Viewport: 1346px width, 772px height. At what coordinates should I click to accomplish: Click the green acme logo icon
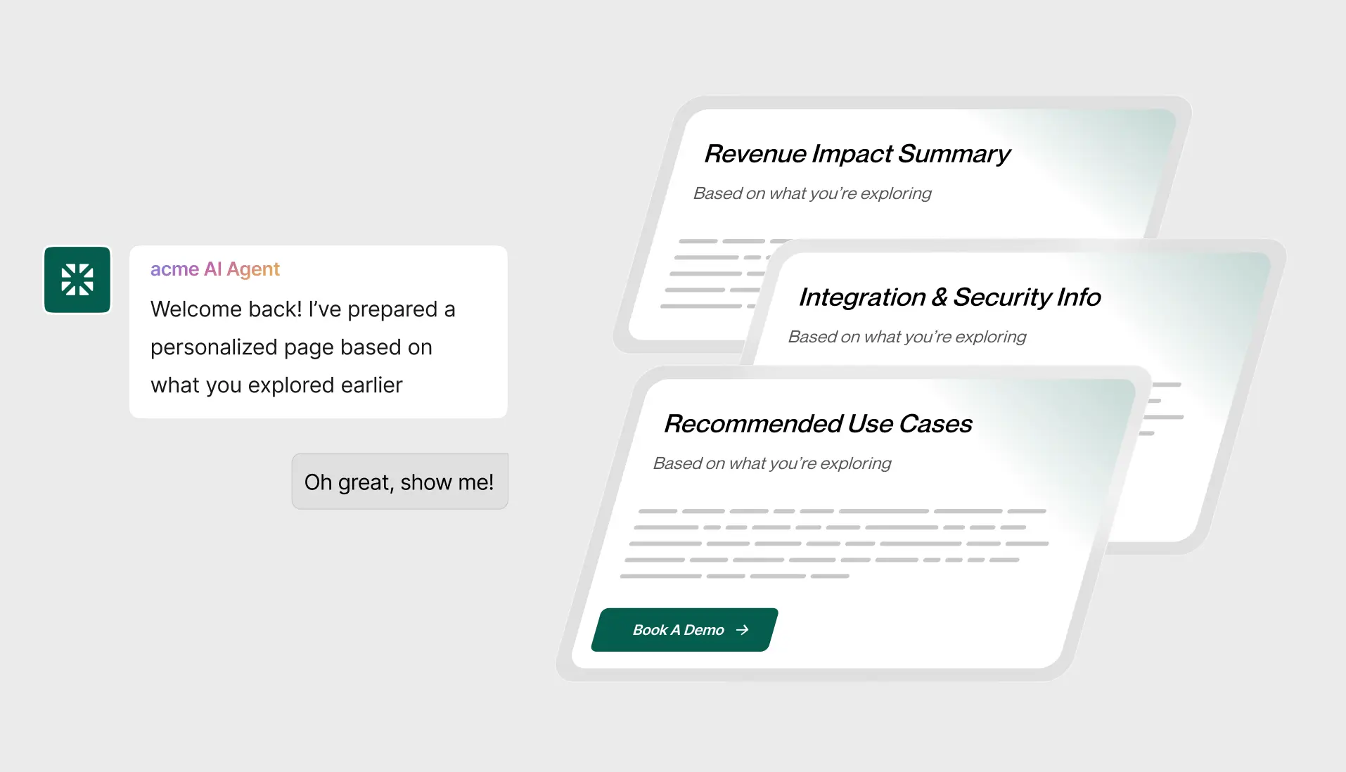(77, 279)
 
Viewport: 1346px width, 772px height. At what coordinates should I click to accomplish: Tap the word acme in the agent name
(174, 269)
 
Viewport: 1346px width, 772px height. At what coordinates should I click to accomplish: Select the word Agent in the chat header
(253, 269)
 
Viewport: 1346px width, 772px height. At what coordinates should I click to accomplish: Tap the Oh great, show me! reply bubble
(399, 482)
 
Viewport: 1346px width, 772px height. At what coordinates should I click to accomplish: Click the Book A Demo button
(684, 630)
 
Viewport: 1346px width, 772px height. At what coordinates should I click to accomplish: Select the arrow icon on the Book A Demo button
(742, 630)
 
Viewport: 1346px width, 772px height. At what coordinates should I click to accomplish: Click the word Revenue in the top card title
(755, 154)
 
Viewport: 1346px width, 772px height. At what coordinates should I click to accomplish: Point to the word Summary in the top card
(954, 155)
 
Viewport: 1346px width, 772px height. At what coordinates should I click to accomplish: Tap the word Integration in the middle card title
(862, 297)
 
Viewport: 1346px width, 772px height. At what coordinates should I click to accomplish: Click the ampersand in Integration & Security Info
(940, 297)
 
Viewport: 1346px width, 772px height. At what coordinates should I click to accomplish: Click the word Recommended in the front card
(753, 424)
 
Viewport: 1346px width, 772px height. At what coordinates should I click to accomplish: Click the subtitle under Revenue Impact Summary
(812, 193)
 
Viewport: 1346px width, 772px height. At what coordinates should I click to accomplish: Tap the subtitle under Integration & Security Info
(907, 337)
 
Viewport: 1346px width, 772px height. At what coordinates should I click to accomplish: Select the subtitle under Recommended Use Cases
(772, 463)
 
